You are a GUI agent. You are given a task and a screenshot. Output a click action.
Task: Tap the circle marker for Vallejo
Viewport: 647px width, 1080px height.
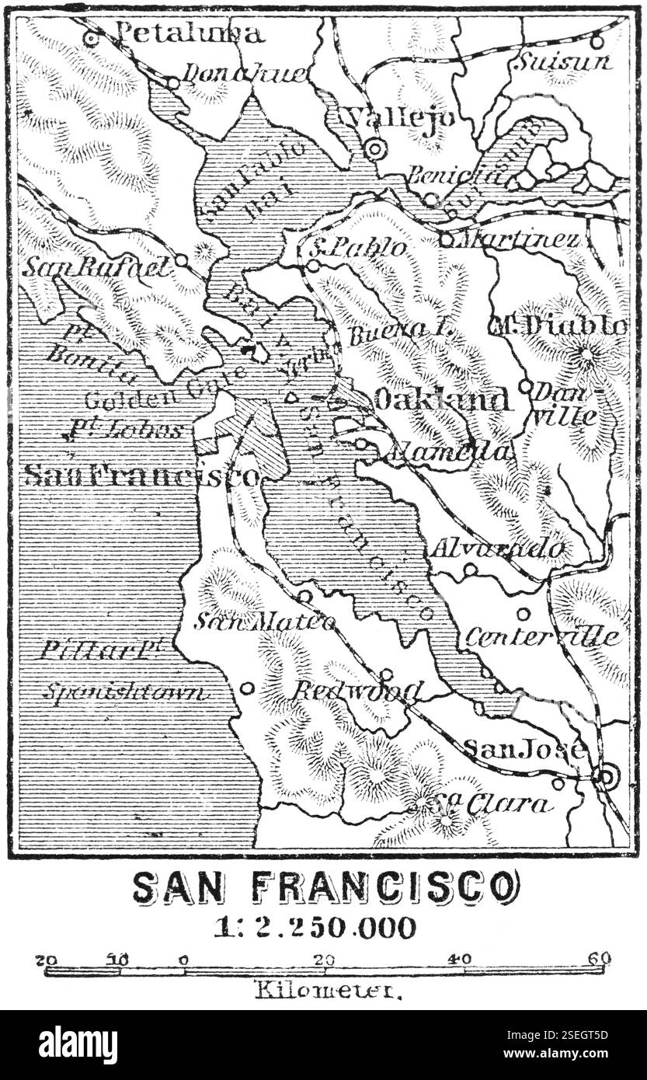[x=375, y=148]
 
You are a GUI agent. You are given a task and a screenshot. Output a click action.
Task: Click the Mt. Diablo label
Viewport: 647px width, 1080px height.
[x=558, y=326]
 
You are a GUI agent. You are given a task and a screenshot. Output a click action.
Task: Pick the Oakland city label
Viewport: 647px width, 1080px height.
[x=442, y=399]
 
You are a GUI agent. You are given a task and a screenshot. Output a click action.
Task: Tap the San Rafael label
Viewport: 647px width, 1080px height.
[x=97, y=267]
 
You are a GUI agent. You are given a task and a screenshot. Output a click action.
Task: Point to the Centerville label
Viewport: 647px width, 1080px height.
[x=543, y=637]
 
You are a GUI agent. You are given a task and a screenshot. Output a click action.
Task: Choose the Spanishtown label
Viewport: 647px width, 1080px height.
[x=125, y=692]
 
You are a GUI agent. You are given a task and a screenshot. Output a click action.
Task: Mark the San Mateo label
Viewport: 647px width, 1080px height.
[x=265, y=621]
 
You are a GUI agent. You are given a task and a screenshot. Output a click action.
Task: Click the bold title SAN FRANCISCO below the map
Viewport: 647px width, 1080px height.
[x=325, y=887]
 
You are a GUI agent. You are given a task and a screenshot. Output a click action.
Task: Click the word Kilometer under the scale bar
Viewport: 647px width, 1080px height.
[x=328, y=991]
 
